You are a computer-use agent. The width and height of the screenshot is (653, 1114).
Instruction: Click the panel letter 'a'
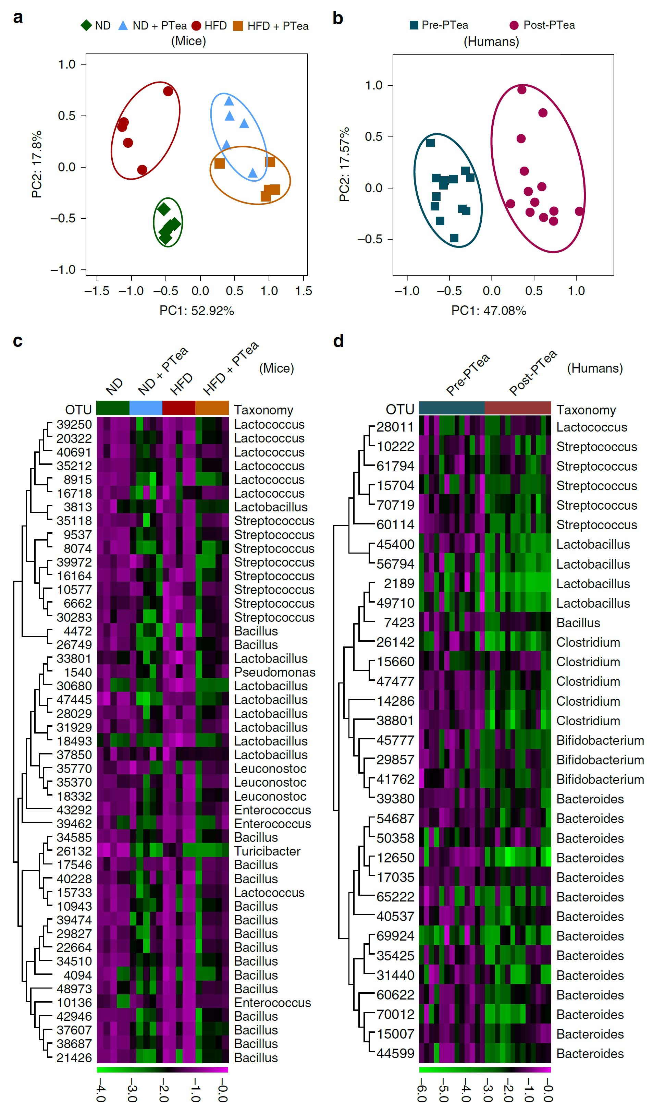click(x=18, y=18)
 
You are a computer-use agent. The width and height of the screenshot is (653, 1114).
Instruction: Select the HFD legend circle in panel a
click(x=197, y=26)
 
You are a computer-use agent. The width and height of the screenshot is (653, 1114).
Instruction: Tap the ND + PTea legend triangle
click(x=123, y=26)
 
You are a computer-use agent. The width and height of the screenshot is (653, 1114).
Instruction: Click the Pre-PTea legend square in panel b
click(x=414, y=25)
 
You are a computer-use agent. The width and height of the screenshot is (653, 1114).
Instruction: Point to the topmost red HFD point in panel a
click(x=168, y=92)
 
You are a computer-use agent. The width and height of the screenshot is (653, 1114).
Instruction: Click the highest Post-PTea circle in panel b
click(x=522, y=90)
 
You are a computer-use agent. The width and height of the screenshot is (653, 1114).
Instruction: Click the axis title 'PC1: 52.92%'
click(x=197, y=311)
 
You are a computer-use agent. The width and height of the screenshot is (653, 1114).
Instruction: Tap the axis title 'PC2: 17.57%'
click(x=344, y=165)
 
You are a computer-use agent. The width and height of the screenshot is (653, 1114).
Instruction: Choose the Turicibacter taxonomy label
click(x=267, y=851)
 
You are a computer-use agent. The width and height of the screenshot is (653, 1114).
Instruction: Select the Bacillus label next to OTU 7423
click(x=578, y=623)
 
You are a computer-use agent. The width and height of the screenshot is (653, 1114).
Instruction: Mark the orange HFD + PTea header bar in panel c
click(x=212, y=408)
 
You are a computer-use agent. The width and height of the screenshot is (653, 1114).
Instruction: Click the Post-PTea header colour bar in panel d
click(x=518, y=408)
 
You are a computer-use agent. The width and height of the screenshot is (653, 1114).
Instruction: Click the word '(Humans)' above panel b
click(x=491, y=41)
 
